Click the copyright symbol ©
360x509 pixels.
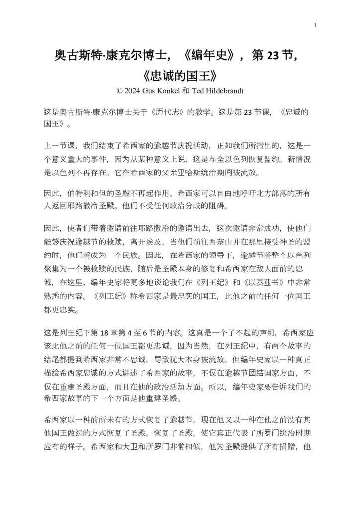119,91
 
